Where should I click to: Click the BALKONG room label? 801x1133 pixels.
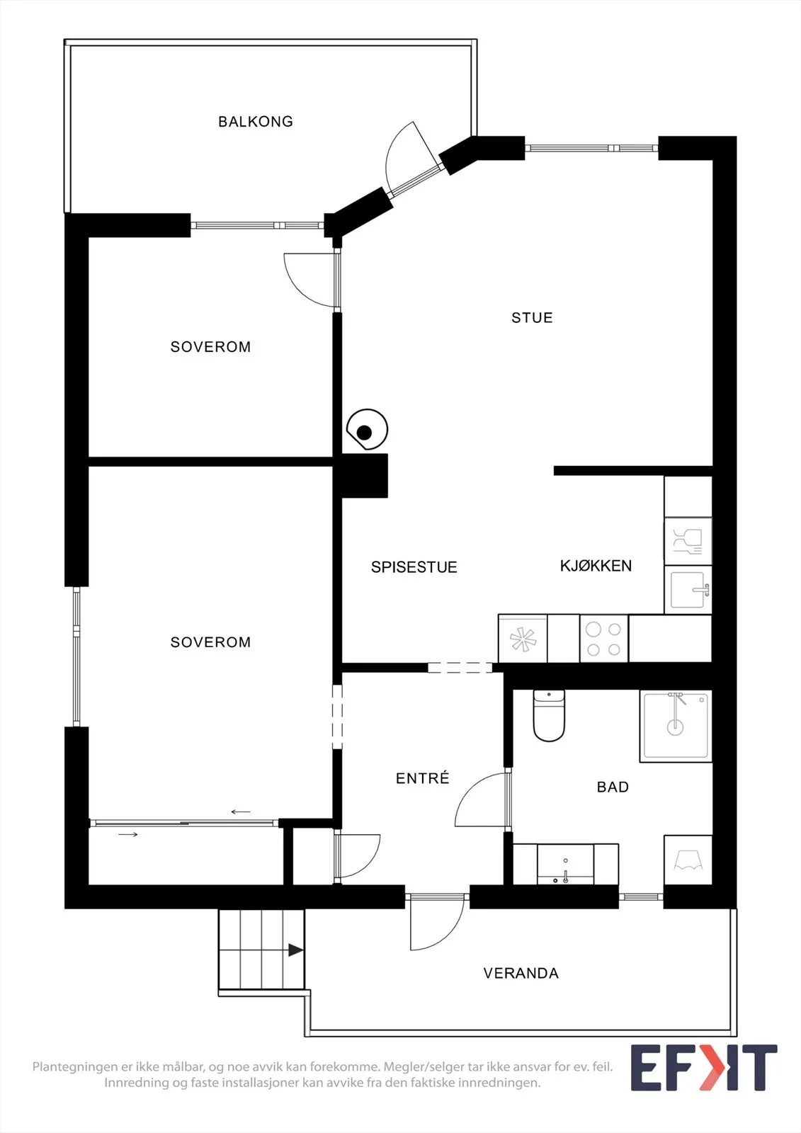pos(256,121)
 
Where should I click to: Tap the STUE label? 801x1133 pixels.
pos(532,318)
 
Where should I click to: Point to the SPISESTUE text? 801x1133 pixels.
pos(414,567)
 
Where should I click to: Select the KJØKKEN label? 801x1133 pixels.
pos(596,566)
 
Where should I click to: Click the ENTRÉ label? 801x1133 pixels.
pos(423,778)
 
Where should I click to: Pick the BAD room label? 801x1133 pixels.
pos(613,787)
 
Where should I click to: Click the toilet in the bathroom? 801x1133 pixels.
pos(549,716)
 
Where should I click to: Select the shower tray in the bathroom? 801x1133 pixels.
pos(676,726)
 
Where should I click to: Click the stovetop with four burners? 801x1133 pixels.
pos(603,639)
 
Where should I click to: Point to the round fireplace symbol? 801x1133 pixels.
pos(368,429)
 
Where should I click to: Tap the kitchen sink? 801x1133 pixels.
pos(688,590)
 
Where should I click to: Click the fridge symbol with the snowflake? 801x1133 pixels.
pos(523,639)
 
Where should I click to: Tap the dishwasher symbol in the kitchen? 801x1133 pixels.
pos(688,541)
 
